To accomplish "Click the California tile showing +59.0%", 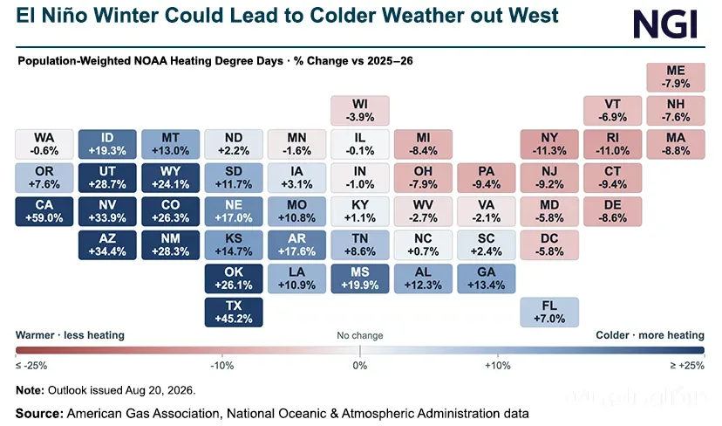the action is tap(44, 211).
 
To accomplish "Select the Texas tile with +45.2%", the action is tap(234, 313).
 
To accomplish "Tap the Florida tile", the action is tap(549, 313).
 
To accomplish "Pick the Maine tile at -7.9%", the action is tap(676, 78).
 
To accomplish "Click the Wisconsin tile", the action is tap(360, 111).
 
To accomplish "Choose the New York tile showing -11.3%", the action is tap(549, 144).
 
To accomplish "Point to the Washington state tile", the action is tap(44, 144).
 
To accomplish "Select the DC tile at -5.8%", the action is tap(549, 245).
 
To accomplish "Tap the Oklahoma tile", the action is tap(234, 278).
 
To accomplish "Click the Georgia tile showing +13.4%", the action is tap(487, 278).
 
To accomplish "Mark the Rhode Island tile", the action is tap(612, 144).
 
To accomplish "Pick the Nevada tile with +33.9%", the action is tap(107, 211).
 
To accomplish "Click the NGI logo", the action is tap(666, 24).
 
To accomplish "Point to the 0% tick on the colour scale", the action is tap(360, 351).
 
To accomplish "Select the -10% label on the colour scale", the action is tap(222, 366).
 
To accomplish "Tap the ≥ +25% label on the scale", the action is tap(687, 366).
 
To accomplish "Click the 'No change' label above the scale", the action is tap(360, 335).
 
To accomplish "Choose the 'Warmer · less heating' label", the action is tap(70, 335).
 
